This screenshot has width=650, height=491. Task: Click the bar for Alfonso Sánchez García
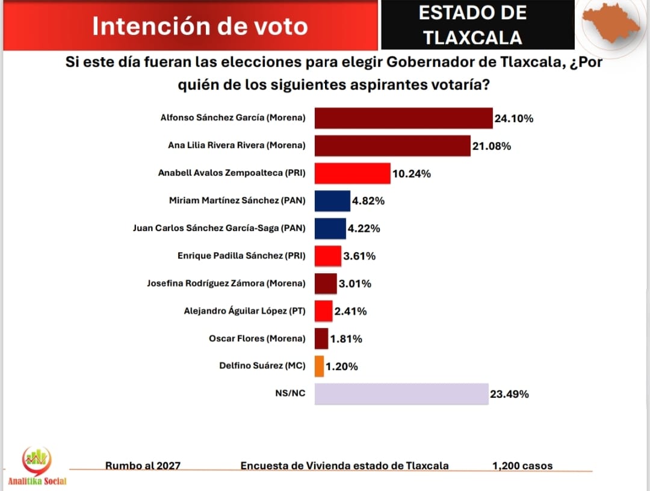click(x=403, y=118)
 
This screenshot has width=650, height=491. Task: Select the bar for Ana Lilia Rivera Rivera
click(x=392, y=146)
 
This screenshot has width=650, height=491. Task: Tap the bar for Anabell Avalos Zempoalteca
click(x=353, y=173)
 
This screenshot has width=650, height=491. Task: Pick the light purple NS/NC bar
click(x=401, y=394)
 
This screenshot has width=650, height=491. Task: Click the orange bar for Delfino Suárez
click(x=319, y=366)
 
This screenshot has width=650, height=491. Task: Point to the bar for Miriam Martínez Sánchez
click(x=332, y=201)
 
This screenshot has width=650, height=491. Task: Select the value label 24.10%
click(x=514, y=119)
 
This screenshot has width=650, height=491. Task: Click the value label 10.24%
click(x=412, y=174)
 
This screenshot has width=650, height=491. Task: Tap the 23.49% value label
click(x=509, y=394)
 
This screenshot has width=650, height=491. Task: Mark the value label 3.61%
click(x=359, y=256)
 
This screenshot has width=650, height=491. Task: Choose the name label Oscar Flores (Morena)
click(x=257, y=339)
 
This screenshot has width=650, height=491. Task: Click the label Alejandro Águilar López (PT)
click(x=244, y=311)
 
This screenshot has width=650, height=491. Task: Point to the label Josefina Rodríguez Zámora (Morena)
click(x=226, y=283)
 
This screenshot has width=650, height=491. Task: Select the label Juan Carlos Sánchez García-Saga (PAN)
click(x=219, y=228)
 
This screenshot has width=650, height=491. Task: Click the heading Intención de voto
click(x=200, y=26)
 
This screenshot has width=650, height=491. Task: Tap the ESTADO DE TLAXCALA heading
click(x=472, y=25)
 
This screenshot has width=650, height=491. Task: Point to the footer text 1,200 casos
click(x=522, y=466)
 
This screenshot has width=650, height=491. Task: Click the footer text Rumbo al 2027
click(x=143, y=466)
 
